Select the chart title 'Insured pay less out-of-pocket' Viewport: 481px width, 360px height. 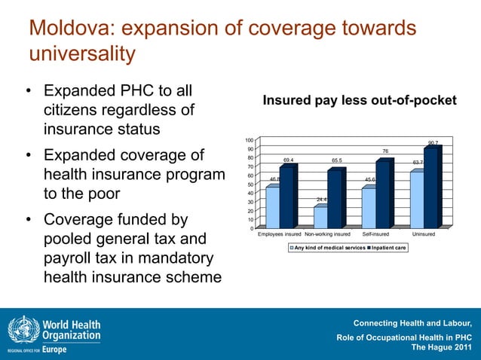click(x=359, y=100)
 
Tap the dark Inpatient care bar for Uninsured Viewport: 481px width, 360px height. click(x=431, y=187)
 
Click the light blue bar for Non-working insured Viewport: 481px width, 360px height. click(x=320, y=217)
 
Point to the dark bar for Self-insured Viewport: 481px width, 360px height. click(x=383, y=194)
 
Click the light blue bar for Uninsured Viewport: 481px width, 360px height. click(x=416, y=200)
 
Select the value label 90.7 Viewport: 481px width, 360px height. click(x=434, y=142)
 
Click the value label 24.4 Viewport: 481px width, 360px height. click(x=322, y=200)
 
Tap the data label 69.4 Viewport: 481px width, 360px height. click(x=288, y=160)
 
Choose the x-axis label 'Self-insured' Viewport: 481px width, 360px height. click(x=375, y=235)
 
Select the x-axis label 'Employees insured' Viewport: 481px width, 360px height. click(x=280, y=235)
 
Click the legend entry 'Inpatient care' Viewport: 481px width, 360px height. click(x=386, y=248)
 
